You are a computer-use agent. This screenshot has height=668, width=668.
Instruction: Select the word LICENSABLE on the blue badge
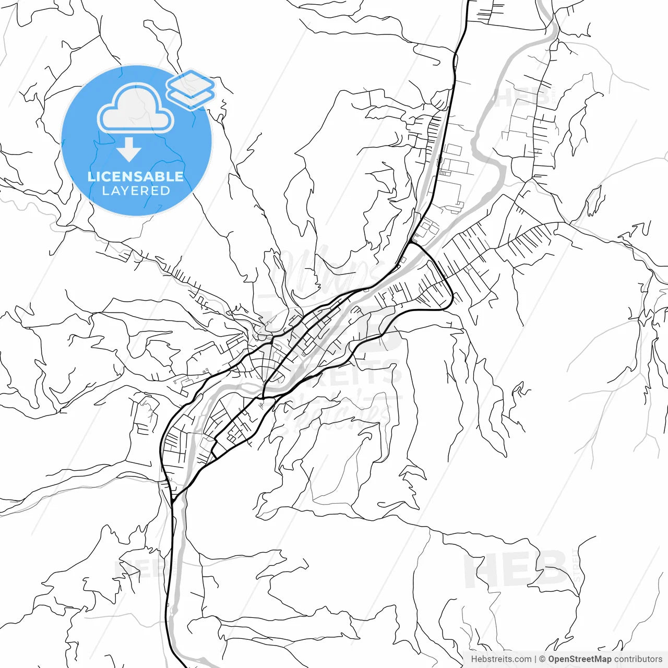(136, 176)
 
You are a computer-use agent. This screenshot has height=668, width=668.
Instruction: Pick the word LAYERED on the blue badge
(136, 191)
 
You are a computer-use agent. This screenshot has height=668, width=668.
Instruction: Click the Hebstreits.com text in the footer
(501, 659)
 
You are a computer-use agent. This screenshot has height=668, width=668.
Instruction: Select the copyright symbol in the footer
(542, 659)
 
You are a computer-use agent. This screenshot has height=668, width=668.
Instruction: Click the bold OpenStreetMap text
(579, 659)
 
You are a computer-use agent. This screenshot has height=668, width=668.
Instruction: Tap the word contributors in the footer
(638, 659)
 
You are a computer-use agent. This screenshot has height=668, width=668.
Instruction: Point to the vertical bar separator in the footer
(535, 659)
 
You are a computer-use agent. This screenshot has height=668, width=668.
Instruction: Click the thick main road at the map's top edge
(467, 3)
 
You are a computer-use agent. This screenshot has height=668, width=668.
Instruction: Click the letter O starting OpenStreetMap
(552, 659)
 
